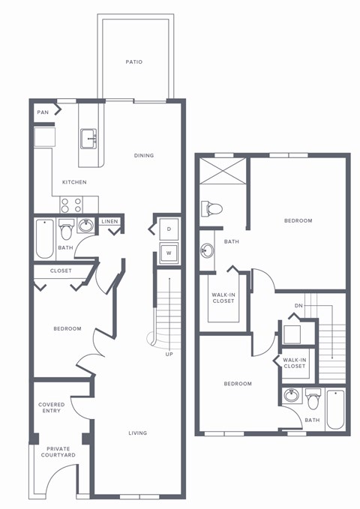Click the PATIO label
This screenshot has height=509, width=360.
point(134,62)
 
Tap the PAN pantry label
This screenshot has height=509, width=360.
point(42,112)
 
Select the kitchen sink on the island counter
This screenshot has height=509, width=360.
point(89,137)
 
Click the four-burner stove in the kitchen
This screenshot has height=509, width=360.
point(71,205)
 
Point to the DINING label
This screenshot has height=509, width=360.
point(144,155)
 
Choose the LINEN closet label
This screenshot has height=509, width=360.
point(109,221)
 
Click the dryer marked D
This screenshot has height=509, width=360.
point(169,229)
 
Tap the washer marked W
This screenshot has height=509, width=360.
point(169,253)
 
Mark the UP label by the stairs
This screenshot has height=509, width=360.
point(169,354)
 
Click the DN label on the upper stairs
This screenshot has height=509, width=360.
point(298,305)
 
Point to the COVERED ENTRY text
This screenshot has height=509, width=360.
point(52,408)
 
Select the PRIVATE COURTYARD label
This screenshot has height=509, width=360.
point(52,453)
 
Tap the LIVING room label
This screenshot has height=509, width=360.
point(137,433)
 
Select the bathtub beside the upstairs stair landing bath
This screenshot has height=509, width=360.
point(335,409)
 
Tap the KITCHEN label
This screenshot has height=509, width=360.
point(74,182)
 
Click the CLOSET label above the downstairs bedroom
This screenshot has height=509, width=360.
point(61,271)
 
